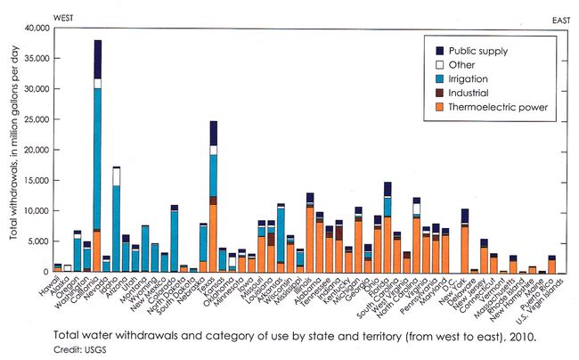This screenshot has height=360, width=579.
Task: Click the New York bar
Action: pos(465,241)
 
